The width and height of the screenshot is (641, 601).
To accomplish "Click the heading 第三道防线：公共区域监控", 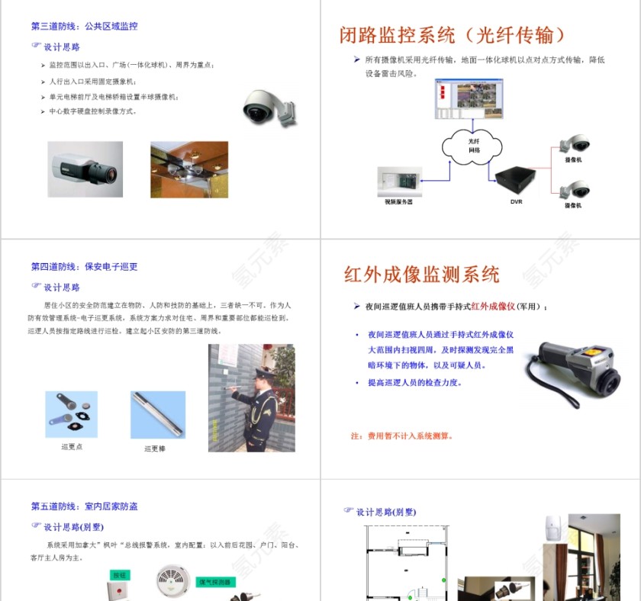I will [x=85, y=26].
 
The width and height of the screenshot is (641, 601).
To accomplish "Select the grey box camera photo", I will [x=85, y=169].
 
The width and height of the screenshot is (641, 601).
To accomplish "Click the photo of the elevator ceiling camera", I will [x=188, y=169].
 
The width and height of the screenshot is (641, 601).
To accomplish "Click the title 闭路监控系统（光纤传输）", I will [x=453, y=35].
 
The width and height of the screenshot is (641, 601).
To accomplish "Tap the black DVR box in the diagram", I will [x=517, y=180].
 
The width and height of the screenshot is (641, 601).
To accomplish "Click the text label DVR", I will [x=517, y=202].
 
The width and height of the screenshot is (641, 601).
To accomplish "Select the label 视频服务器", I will [x=398, y=202].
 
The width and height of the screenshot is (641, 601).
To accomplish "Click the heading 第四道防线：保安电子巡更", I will [x=85, y=267].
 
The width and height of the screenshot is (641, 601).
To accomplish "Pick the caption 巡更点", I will [x=72, y=447].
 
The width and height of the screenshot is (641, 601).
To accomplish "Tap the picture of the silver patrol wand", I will [x=158, y=415].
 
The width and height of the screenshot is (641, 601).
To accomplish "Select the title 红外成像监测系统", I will [x=421, y=275].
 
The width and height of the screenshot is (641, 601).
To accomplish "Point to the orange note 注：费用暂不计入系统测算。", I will [x=402, y=436].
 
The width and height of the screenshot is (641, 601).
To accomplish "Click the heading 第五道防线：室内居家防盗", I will [x=85, y=506].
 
